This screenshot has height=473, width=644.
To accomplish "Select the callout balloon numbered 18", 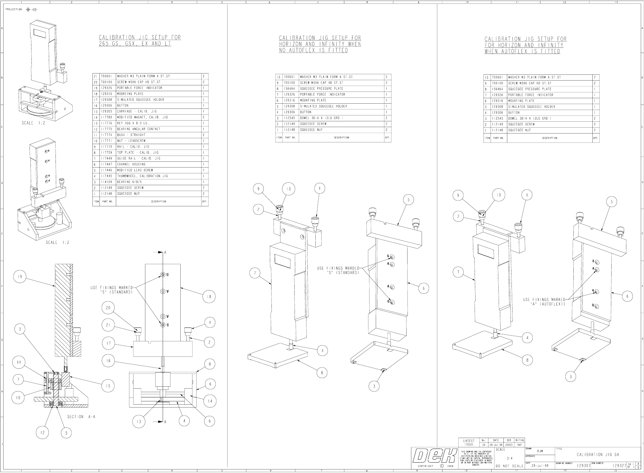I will tap(209, 297).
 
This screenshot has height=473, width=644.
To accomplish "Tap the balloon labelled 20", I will tap(108, 308).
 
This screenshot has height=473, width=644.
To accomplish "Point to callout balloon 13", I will tap(139, 421).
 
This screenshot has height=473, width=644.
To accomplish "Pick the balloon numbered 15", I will tap(108, 386).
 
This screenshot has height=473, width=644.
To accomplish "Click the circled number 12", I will tap(42, 433).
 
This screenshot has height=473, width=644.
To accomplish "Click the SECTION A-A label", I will tap(81, 417).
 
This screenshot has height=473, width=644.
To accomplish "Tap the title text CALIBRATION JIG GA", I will tap(598, 454).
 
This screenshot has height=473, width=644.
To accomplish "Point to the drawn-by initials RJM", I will tap(540, 451).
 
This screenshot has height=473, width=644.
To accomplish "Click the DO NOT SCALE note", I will tap(509, 466).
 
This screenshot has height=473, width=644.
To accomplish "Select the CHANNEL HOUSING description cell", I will tap(131, 164).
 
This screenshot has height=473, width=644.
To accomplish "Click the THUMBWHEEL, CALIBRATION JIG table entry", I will tap(139, 176).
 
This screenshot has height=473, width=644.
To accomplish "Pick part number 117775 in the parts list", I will tap(106, 129).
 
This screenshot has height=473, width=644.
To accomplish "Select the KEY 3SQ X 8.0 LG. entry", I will tap(133, 123).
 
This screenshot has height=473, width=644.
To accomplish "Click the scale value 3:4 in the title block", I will tap(509, 458).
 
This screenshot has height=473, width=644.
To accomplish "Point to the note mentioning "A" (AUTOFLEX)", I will tap(544, 302).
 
